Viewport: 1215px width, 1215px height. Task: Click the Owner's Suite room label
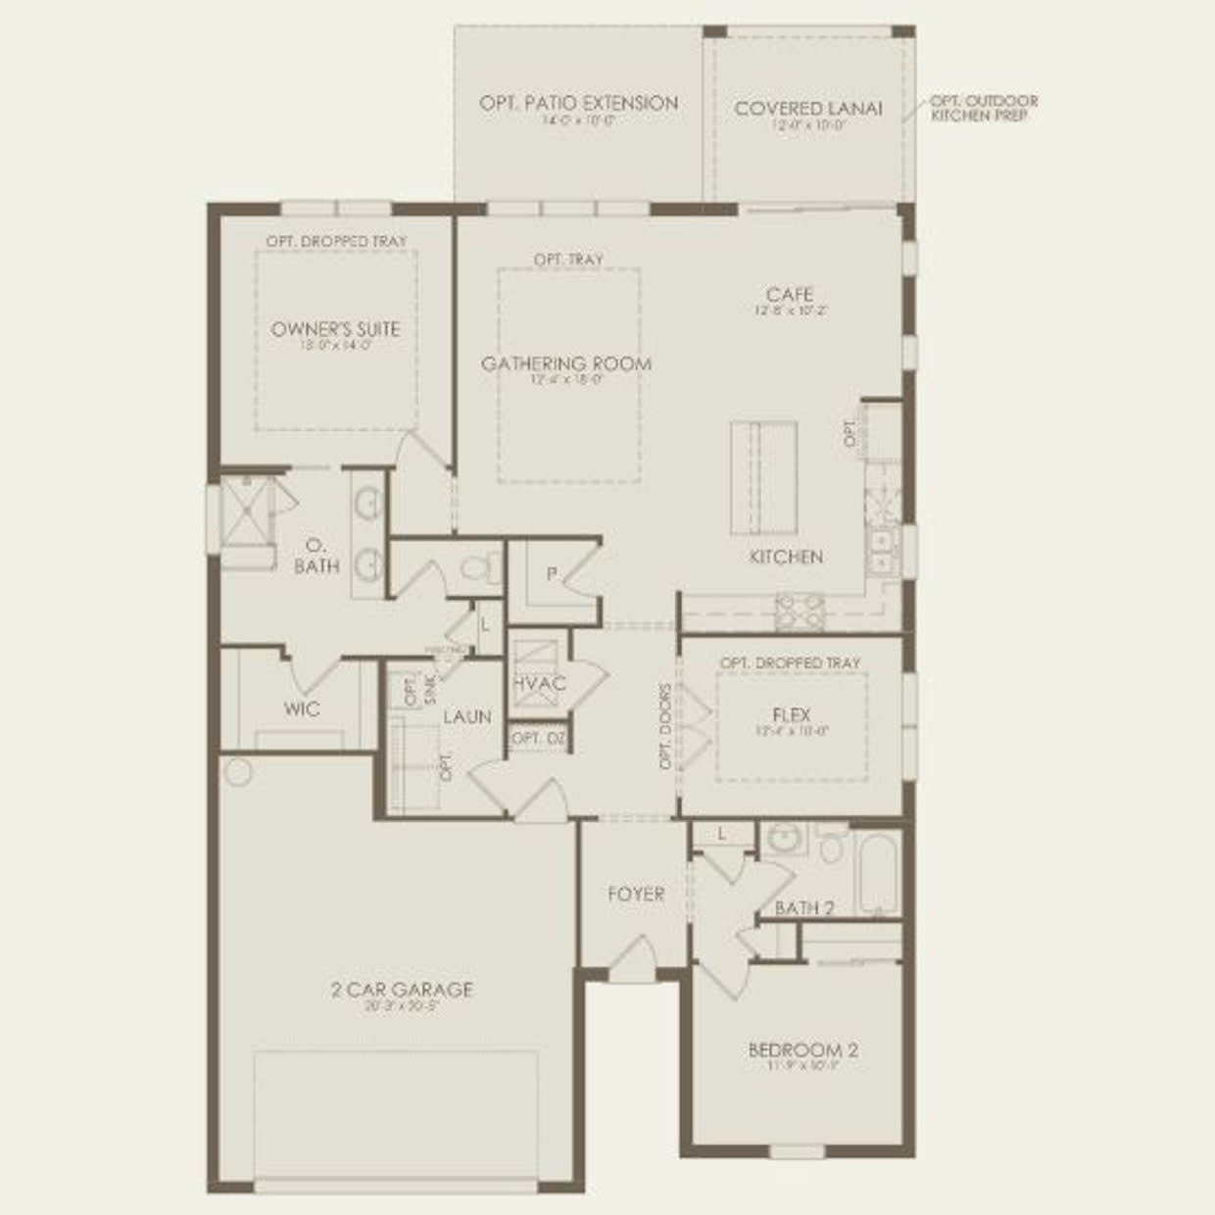click(335, 329)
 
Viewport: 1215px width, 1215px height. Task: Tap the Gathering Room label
click(565, 364)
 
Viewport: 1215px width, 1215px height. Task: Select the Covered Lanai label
click(808, 108)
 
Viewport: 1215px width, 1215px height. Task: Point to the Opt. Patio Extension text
click(578, 103)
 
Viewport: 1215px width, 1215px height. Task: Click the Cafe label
click(789, 294)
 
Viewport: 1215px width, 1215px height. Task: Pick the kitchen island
click(763, 477)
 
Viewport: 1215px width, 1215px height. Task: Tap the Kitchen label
click(786, 557)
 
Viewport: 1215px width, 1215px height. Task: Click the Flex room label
click(791, 715)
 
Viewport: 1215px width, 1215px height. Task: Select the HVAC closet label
click(539, 683)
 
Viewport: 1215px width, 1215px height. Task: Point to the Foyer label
click(635, 894)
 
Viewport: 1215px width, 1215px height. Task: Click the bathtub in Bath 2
click(875, 872)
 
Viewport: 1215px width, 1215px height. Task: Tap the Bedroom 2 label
click(802, 1050)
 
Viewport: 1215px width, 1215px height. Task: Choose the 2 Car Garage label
click(402, 990)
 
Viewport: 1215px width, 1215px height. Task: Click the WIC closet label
click(301, 708)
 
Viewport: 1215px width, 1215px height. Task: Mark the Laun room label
click(466, 716)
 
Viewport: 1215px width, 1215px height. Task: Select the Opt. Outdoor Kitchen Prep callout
click(983, 108)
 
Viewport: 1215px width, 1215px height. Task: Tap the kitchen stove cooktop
click(800, 611)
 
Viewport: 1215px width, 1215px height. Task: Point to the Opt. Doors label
click(666, 726)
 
